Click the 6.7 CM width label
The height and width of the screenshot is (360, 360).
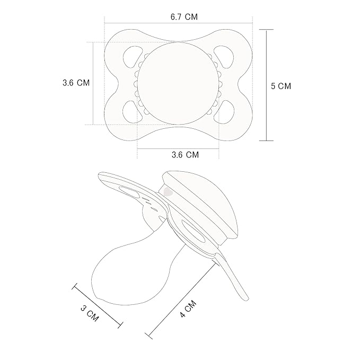point(184,17)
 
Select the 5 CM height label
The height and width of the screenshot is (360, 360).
point(281,86)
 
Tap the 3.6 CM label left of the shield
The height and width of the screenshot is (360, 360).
point(76,83)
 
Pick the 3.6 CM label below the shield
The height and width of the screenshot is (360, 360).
point(185,155)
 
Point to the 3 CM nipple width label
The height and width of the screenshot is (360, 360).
point(90,314)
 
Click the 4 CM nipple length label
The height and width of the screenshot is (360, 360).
point(188,309)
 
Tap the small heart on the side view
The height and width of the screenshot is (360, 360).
point(168,191)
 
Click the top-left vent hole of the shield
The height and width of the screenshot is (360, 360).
point(133,57)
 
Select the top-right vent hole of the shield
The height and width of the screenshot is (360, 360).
point(224,57)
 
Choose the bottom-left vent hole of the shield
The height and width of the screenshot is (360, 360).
point(133,112)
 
